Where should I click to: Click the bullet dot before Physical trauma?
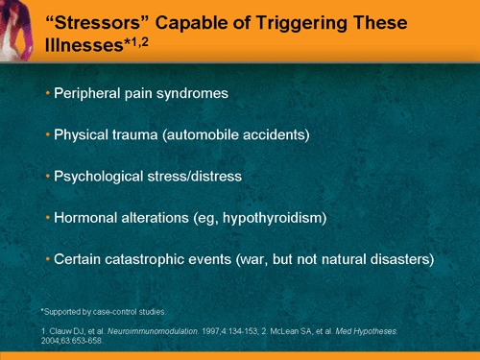pyautogui.click(x=48, y=134)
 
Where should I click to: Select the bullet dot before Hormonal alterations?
pyautogui.click(x=48, y=218)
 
